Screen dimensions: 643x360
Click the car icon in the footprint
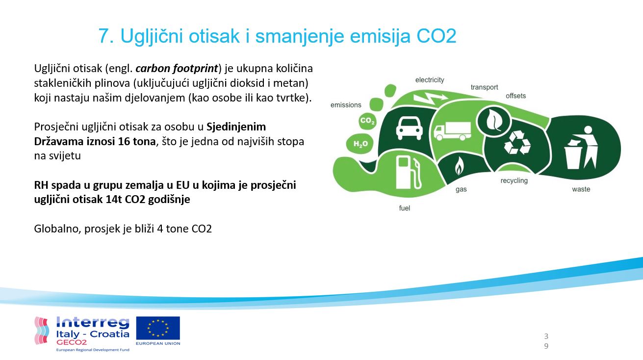(x=409, y=129)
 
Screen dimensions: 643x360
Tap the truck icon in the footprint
(x=452, y=131)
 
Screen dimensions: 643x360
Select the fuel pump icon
(x=408, y=173)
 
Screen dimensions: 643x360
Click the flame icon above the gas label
(x=459, y=166)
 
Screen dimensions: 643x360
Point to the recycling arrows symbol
(x=517, y=142)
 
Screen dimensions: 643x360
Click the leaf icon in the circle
(x=494, y=120)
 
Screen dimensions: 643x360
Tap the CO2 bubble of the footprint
(x=367, y=121)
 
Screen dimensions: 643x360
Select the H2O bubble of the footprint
(x=360, y=144)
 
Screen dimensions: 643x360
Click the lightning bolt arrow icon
(x=430, y=98)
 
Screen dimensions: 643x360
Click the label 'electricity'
(x=430, y=80)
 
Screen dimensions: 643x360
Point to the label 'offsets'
(x=515, y=96)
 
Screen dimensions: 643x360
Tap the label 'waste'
(x=581, y=189)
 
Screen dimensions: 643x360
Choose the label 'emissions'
(x=346, y=105)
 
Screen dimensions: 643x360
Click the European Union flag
(x=158, y=328)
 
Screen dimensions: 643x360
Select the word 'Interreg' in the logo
(x=93, y=322)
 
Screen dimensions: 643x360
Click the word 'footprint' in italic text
(x=196, y=69)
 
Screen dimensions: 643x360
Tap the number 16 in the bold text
(x=124, y=142)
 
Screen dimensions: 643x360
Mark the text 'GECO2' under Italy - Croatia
(x=72, y=342)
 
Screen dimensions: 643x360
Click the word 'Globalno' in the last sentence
(x=57, y=229)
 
